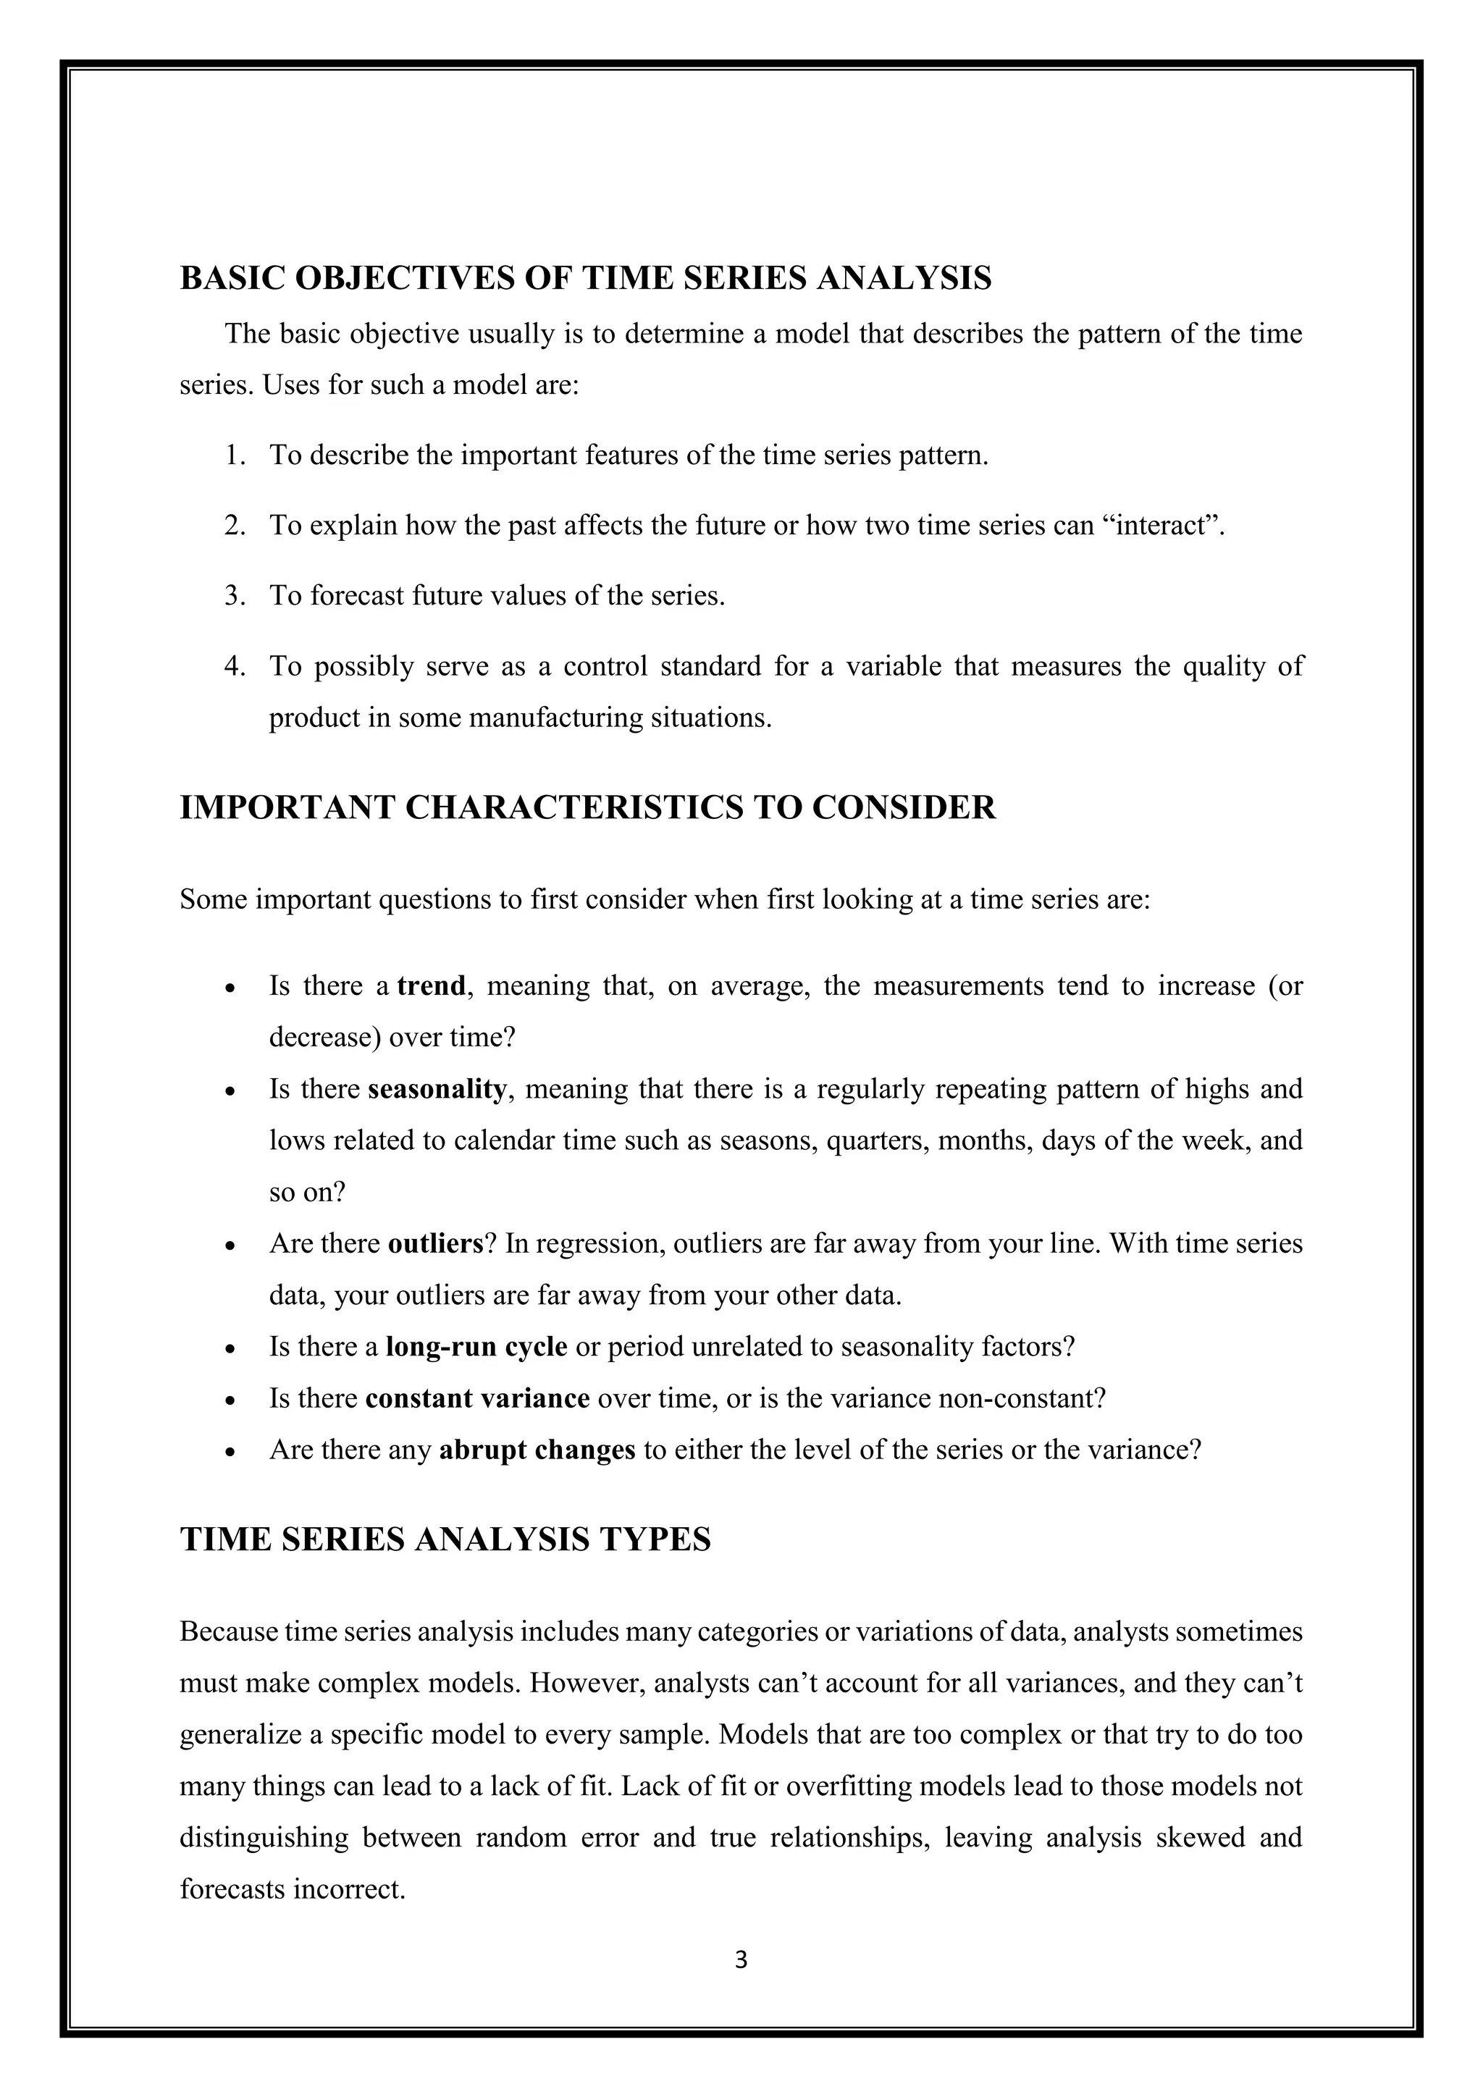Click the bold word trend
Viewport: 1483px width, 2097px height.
431,986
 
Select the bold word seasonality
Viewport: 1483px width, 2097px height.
437,1090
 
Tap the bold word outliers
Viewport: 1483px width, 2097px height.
434,1244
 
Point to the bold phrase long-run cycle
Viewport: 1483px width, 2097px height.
476,1347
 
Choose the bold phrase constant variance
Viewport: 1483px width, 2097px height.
476,1398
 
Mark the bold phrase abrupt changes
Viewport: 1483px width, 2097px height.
537,1450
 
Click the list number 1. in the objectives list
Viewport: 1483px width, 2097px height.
235,455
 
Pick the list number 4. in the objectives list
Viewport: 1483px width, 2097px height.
235,667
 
